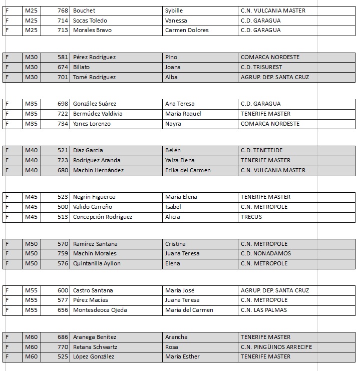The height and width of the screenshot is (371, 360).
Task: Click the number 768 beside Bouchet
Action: point(63,11)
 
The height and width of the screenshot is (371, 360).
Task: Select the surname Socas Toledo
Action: point(90,21)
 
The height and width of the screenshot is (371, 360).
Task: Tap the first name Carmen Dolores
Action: point(187,30)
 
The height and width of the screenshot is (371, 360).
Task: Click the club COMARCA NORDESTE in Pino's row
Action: point(270,57)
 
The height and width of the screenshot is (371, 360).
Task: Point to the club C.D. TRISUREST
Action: point(261,67)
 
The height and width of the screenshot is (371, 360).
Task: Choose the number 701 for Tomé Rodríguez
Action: point(63,77)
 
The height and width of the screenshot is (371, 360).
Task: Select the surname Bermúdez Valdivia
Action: point(98,114)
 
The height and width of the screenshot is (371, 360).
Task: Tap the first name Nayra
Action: point(173,124)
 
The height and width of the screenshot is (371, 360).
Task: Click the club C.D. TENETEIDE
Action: point(262,150)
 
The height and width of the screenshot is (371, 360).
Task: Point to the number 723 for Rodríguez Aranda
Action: point(63,160)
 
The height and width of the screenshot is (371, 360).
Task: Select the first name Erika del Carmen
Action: point(188,170)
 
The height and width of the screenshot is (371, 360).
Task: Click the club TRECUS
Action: point(251,217)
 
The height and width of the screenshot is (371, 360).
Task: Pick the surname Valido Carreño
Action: point(93,207)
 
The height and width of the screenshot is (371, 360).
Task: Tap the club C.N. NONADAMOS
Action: point(266,253)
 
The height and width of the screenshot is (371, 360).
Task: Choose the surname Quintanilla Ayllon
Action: point(97,263)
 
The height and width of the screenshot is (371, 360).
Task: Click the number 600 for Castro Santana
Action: point(63,290)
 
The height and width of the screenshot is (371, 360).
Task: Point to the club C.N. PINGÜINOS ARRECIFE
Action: point(276,347)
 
